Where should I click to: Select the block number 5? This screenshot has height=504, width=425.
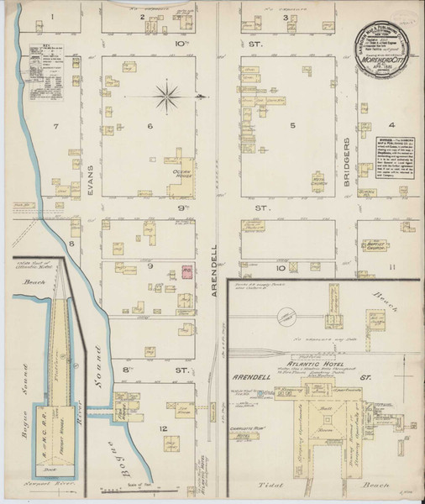pos(294,126)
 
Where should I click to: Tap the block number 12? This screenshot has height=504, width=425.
pos(163,428)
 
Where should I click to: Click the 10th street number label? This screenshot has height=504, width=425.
pos(179,39)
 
